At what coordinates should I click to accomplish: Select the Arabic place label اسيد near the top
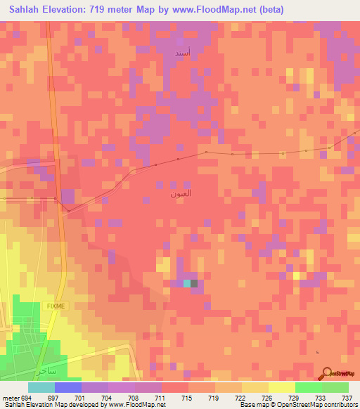(181, 53)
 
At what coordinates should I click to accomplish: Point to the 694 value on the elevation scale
(25, 398)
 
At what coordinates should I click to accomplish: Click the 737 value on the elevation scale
(346, 398)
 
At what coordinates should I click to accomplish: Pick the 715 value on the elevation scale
(186, 398)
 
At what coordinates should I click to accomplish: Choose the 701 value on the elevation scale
(79, 398)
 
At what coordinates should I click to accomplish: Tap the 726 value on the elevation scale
(266, 398)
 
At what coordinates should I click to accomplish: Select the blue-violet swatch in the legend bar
(67, 387)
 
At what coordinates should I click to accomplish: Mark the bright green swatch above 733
(308, 387)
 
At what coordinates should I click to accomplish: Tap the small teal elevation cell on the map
(187, 283)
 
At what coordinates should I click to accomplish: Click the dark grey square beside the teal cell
(195, 283)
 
